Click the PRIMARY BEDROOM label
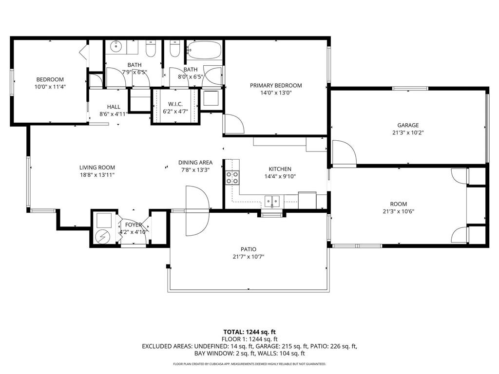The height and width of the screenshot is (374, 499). [x=276, y=85]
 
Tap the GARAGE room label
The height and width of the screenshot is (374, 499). [x=407, y=125]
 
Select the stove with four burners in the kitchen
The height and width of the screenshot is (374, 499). [x=232, y=177]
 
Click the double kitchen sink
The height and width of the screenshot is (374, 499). [x=272, y=201]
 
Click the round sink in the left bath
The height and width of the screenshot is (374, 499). [x=116, y=47]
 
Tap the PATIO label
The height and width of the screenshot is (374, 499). [x=248, y=249]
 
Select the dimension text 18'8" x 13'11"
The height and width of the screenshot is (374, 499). [x=97, y=175]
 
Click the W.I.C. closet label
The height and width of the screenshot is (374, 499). [x=175, y=104]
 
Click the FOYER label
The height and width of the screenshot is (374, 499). [x=133, y=225]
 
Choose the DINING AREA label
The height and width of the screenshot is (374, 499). [x=195, y=163]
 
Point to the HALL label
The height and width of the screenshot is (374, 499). [x=114, y=107]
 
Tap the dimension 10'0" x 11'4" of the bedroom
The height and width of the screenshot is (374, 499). [x=50, y=87]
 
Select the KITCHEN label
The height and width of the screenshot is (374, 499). [x=280, y=169]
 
